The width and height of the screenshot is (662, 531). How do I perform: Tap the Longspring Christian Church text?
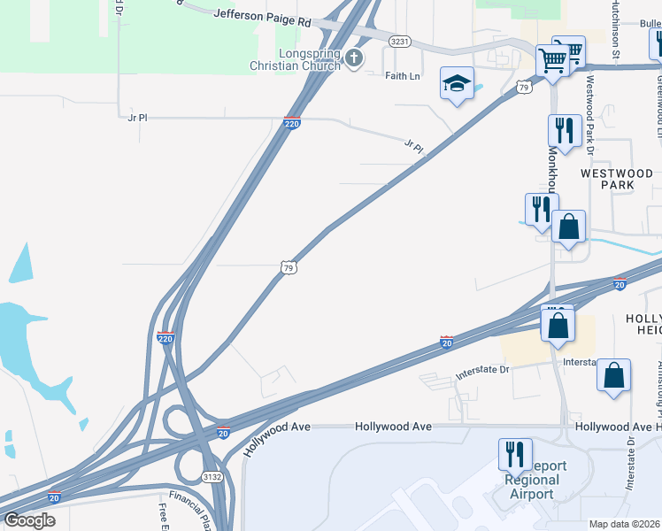point(309,60)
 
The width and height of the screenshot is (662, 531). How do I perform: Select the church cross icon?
point(354,59)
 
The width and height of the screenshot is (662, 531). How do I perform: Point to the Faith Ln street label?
point(403,76)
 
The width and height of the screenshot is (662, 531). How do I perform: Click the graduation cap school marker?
point(457,84)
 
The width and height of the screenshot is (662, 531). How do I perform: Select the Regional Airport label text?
point(531,487)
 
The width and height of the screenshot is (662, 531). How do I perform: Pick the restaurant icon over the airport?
point(514,455)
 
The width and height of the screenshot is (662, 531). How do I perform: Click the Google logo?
point(29,520)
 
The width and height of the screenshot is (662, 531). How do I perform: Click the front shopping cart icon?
point(553,61)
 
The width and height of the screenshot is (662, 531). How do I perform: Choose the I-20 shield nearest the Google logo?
point(55,497)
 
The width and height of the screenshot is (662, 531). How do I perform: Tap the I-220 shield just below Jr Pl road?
point(293,125)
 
